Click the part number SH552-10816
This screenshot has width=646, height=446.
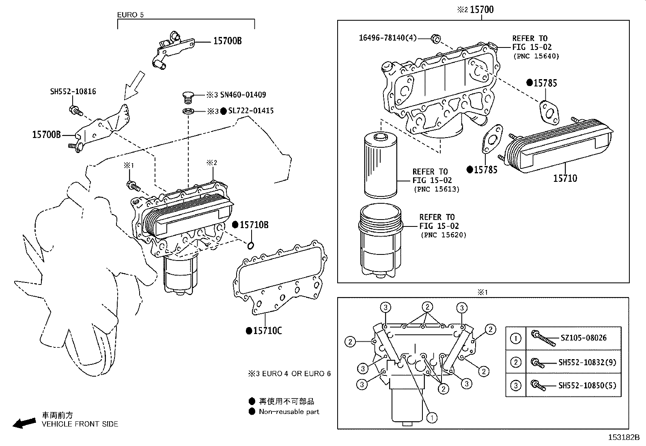pos(73,92)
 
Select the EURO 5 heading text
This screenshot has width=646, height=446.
pos(130,15)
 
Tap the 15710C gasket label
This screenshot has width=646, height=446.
pos(267,331)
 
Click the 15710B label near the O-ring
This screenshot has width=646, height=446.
pos(254,225)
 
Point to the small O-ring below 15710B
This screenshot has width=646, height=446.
pos(251,245)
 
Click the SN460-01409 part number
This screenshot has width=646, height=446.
pos(243,95)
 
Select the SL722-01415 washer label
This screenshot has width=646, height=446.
pos(251,111)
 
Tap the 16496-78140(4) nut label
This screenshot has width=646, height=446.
pos(388,38)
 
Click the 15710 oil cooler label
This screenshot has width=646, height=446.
pos(565,178)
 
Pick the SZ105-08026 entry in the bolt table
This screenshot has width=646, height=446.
pos(584,338)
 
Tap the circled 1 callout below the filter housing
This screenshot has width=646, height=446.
pos(432,417)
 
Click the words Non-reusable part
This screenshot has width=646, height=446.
pos(289,412)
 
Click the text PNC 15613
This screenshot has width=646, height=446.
pos(437,189)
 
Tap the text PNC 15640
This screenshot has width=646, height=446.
pos(536,56)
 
